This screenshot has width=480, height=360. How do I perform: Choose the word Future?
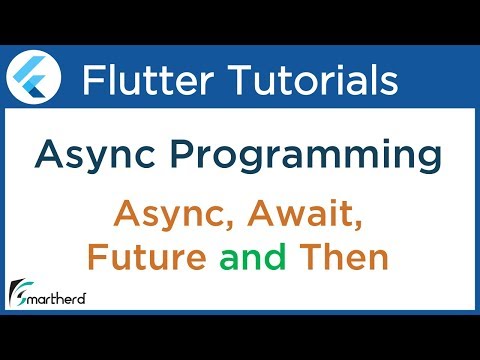click(x=147, y=258)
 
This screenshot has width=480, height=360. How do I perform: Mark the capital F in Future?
click(x=97, y=258)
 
